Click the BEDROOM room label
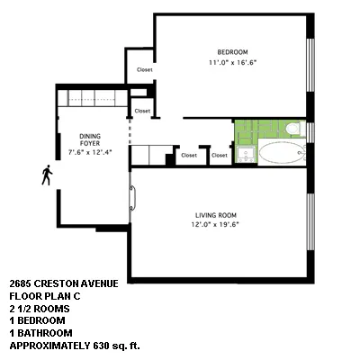tap(231, 51)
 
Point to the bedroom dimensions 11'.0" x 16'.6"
tap(231, 63)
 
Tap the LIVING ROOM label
tap(216, 214)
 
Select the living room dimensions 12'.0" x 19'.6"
tap(216, 226)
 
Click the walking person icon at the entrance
tap(46, 175)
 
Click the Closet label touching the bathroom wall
tap(220, 156)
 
